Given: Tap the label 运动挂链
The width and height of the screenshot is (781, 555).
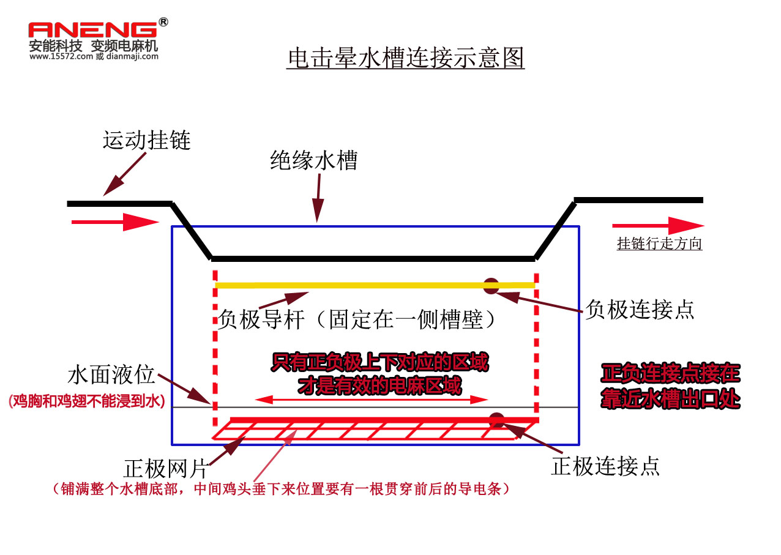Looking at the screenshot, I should click(147, 140).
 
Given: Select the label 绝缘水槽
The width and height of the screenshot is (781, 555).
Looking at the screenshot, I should click(314, 160).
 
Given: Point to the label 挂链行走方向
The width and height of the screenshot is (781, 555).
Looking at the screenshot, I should click(659, 244).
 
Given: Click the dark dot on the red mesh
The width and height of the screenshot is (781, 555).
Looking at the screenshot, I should click(496, 420).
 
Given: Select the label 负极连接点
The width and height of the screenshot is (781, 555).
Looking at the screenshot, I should click(640, 309).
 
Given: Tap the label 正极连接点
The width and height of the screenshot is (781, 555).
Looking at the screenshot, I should click(605, 466).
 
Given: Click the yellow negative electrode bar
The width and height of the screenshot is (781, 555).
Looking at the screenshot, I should click(367, 285).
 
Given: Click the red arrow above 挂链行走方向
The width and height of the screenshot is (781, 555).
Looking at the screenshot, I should click(657, 225).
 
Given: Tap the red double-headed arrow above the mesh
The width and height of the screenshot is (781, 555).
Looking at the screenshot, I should click(372, 400).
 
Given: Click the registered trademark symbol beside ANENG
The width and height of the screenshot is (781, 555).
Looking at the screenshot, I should click(163, 22).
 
